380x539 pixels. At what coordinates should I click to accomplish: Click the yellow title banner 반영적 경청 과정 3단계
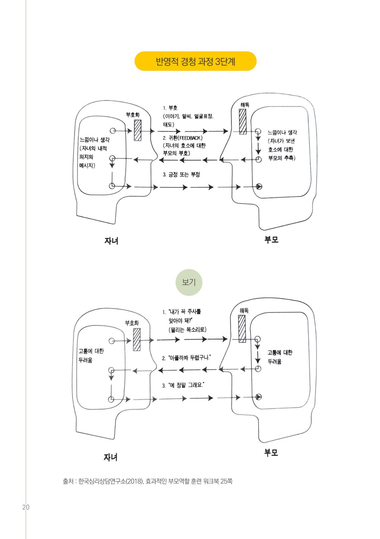click(195, 61)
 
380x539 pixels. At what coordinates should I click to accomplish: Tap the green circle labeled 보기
click(189, 282)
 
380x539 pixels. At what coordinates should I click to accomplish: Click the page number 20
click(26, 507)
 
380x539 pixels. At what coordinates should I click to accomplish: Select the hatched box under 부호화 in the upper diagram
click(138, 130)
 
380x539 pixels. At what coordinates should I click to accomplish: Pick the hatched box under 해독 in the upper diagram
click(243, 122)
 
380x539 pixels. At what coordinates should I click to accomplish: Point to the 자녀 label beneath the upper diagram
click(112, 241)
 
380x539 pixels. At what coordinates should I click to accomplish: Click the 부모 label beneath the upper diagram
click(271, 240)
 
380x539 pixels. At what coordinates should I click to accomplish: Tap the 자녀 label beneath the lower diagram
click(111, 457)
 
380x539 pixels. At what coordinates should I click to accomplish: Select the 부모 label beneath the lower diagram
click(271, 453)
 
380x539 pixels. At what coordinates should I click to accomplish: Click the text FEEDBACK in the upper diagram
click(190, 138)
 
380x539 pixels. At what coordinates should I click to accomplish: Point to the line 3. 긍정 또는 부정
click(181, 174)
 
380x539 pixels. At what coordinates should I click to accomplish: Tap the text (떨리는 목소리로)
click(188, 330)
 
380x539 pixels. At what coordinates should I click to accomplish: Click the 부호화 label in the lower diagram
click(132, 323)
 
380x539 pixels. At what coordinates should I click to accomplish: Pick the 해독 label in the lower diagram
click(244, 311)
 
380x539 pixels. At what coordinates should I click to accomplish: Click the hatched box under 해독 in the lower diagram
click(242, 329)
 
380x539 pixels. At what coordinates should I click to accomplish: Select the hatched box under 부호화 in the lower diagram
click(137, 339)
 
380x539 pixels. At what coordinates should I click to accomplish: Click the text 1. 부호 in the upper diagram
click(170, 108)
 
